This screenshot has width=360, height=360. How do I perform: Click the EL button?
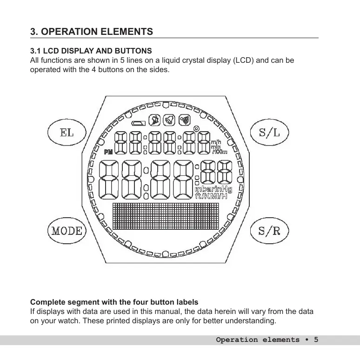(x=67, y=132)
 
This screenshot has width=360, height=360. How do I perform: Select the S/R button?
(x=270, y=231)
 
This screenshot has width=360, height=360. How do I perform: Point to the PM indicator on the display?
(x=108, y=152)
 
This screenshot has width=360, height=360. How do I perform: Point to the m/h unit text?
(x=216, y=142)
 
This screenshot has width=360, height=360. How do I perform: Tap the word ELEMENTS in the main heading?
(x=129, y=32)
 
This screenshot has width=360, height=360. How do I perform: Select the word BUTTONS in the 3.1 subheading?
(x=134, y=50)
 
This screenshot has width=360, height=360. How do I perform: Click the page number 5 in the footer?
(x=316, y=340)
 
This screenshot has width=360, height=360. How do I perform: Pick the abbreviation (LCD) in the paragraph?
(x=242, y=60)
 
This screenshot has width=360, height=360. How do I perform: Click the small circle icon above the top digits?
(x=196, y=129)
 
